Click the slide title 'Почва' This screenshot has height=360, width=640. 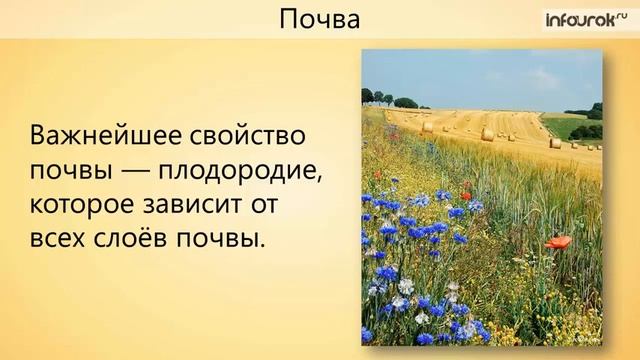[x=318, y=19]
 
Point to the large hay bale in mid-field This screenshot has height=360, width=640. [x=487, y=133]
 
